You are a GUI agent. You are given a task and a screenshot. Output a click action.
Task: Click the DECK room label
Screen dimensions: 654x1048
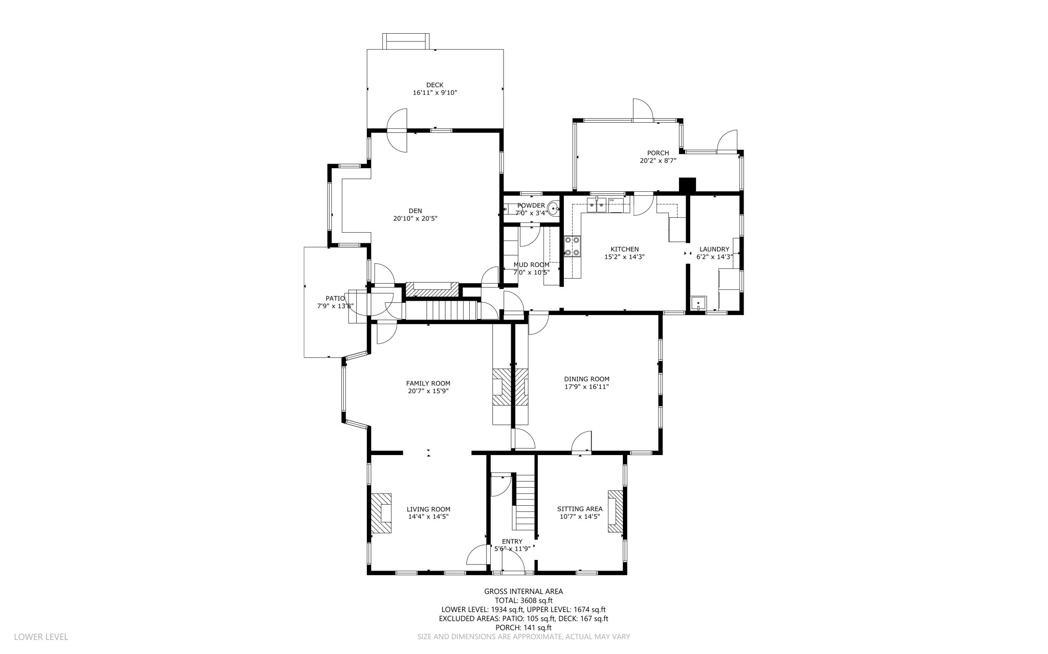pyautogui.click(x=434, y=85)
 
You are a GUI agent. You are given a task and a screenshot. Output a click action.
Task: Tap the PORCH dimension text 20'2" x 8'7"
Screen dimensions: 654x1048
pyautogui.click(x=658, y=161)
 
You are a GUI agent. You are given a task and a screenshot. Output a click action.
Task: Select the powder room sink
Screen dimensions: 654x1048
pyautogui.click(x=553, y=209)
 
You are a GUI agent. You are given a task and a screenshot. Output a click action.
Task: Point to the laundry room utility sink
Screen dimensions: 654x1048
pyautogui.click(x=698, y=303)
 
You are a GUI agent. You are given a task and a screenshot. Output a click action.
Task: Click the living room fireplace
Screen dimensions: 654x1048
pyautogui.click(x=381, y=513)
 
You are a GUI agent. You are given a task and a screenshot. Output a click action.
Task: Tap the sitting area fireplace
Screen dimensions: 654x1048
pyautogui.click(x=615, y=511)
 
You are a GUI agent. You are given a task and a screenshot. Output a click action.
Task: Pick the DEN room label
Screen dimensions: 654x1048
pyautogui.click(x=415, y=211)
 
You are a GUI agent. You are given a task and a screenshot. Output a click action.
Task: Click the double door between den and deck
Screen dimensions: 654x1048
pyautogui.click(x=397, y=130)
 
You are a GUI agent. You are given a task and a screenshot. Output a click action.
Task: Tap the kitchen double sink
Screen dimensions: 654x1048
pyautogui.click(x=596, y=205)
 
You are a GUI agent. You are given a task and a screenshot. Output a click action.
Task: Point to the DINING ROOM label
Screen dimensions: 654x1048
pyautogui.click(x=586, y=379)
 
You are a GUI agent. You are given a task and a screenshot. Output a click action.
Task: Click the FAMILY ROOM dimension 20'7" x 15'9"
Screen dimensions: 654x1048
pyautogui.click(x=428, y=391)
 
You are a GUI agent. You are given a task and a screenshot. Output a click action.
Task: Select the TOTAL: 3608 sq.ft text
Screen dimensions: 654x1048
pyautogui.click(x=523, y=601)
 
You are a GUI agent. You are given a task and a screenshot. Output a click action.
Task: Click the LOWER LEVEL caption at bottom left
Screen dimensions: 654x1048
pyautogui.click(x=41, y=637)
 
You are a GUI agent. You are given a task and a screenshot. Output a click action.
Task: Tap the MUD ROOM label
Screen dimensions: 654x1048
pyautogui.click(x=531, y=265)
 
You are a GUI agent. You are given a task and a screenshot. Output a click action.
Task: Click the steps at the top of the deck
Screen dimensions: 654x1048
pyautogui.click(x=406, y=41)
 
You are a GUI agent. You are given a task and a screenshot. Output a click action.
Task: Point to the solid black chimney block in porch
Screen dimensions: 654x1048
pyautogui.click(x=687, y=185)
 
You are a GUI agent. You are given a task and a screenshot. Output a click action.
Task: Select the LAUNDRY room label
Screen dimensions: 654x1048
pyautogui.click(x=714, y=250)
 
